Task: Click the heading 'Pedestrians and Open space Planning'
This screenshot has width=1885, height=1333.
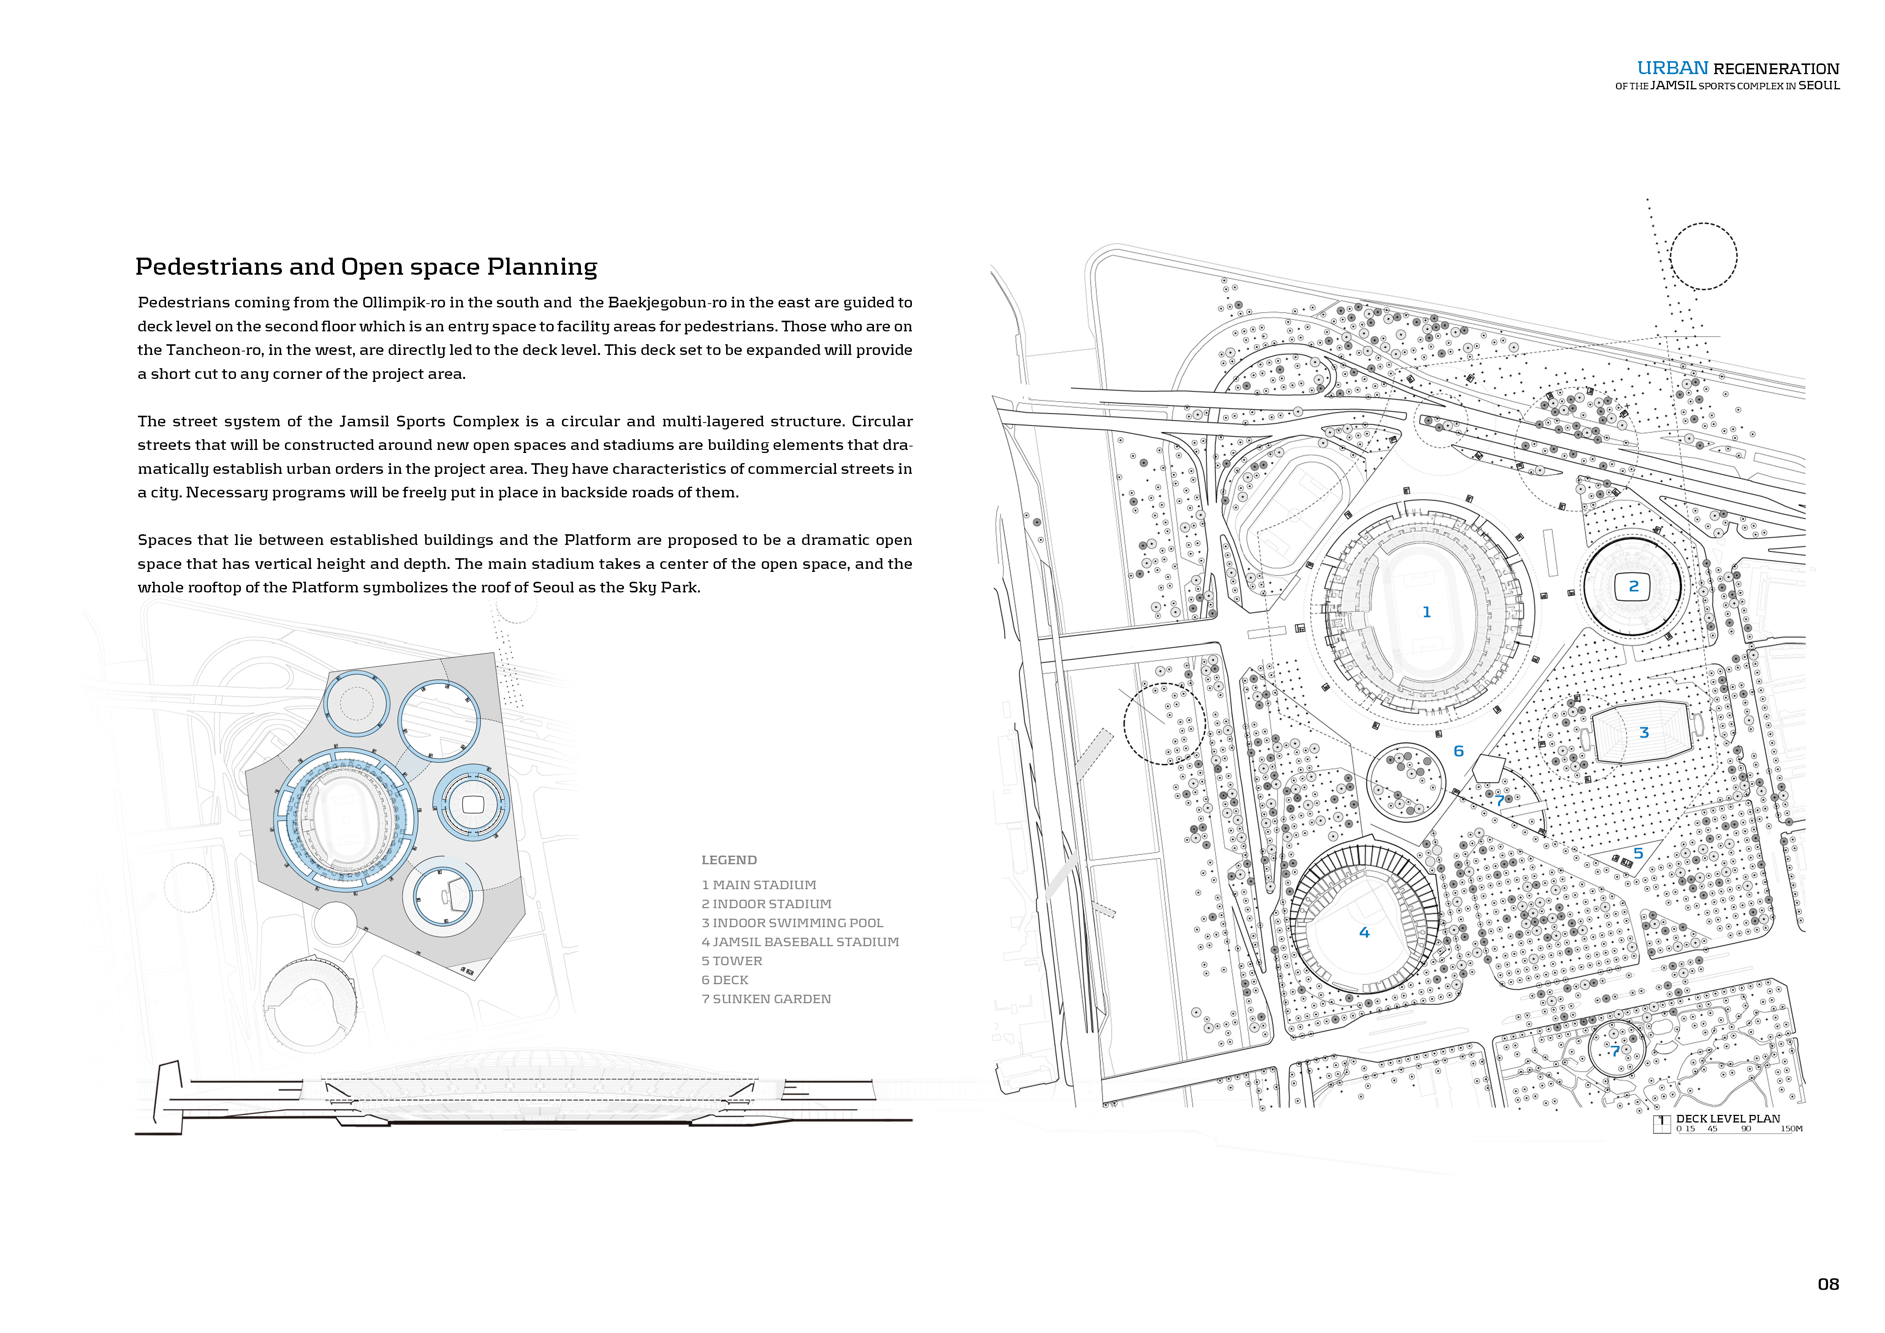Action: click(366, 267)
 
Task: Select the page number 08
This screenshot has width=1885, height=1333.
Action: click(1828, 1284)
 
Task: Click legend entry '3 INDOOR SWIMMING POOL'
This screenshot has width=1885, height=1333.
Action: click(792, 923)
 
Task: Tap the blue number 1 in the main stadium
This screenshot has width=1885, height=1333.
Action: click(1426, 612)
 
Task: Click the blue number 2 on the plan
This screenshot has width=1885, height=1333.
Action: click(1633, 586)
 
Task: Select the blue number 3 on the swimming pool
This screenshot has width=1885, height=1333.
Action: click(1644, 732)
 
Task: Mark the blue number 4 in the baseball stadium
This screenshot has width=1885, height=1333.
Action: click(1364, 932)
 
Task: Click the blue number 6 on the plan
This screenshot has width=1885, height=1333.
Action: click(1458, 751)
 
